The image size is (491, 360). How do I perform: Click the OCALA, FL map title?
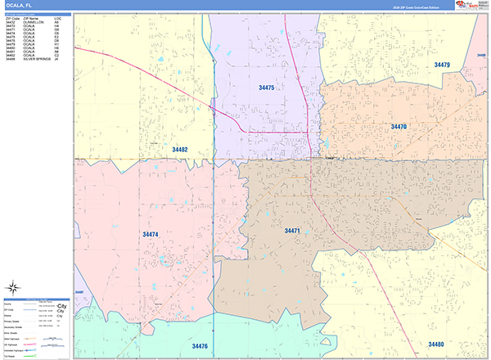(x=17, y=5)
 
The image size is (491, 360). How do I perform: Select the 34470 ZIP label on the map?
(x=399, y=127)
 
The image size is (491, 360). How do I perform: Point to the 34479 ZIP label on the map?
(x=442, y=65)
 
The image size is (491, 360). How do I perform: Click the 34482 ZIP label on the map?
(x=180, y=150)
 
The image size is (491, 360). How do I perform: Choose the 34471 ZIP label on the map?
(x=293, y=232)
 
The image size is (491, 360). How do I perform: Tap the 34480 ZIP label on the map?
(x=436, y=344)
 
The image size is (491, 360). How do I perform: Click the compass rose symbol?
(x=12, y=286)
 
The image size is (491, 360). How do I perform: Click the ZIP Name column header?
(x=31, y=17)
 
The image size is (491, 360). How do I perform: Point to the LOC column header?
(x=57, y=17)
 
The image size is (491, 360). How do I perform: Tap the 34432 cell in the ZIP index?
(x=11, y=21)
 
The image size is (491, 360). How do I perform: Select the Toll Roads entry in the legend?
(x=12, y=356)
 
